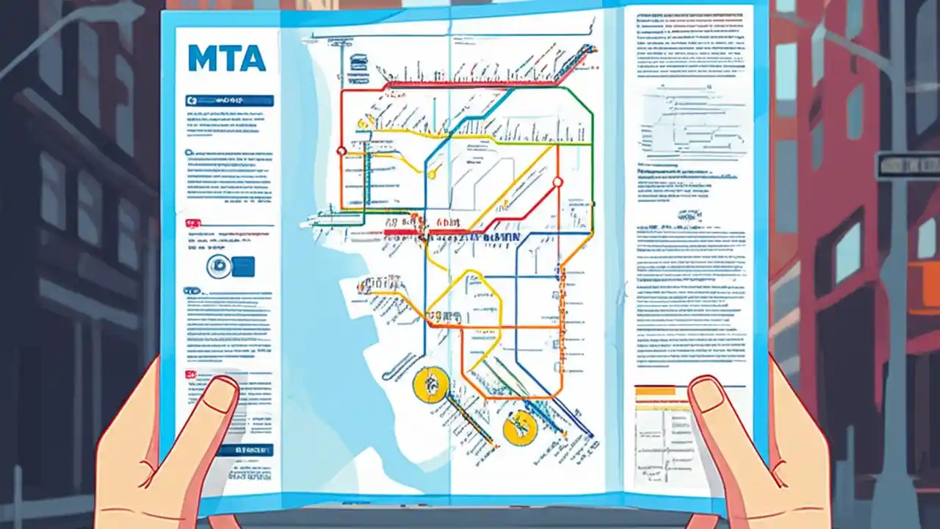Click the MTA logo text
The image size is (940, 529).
226,59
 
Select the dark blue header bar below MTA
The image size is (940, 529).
231,101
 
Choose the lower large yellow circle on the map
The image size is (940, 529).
520,428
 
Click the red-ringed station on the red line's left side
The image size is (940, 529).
341,151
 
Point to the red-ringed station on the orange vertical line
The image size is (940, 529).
557,181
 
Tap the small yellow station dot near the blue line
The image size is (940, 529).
433,175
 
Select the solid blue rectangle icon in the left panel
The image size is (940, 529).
243,267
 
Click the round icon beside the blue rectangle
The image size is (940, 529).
219,267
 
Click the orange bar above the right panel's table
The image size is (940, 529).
659,392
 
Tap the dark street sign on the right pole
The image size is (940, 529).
908,165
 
